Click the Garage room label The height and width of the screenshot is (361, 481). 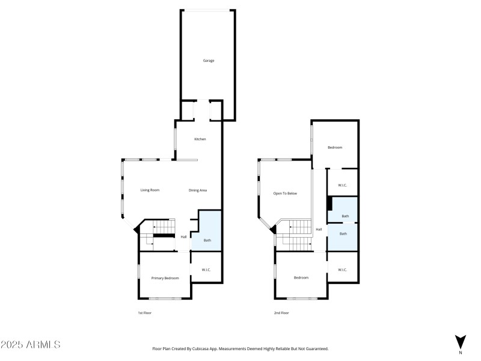[207, 61]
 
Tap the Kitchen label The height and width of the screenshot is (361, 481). [200, 139]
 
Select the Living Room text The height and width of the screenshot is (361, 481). [150, 190]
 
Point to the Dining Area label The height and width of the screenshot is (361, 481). [198, 190]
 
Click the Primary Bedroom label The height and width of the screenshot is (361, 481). [165, 278]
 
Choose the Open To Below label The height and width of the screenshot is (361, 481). [285, 194]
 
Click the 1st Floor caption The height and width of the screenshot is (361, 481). [145, 313]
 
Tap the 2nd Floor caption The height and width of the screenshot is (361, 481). [281, 313]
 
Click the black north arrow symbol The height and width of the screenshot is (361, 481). [460, 341]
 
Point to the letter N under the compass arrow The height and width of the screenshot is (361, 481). [460, 353]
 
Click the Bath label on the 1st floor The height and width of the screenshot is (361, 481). [207, 241]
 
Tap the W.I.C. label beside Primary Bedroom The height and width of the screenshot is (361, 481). [206, 270]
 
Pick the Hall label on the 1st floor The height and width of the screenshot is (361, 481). [183, 236]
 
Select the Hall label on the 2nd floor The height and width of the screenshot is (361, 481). [319, 229]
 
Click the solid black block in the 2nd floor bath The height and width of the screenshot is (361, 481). [329, 203]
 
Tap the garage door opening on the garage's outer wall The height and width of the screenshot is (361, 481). [207, 10]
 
